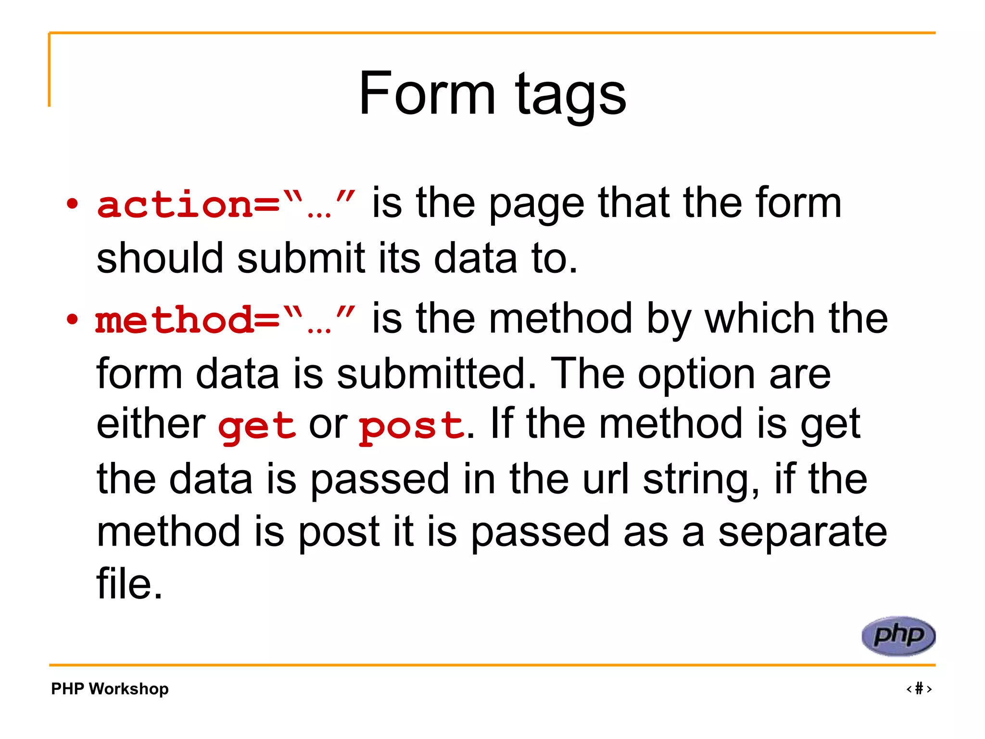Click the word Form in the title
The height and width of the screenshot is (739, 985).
point(427,93)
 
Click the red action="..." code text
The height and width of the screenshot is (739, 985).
point(226,204)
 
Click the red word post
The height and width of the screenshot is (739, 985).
point(412,426)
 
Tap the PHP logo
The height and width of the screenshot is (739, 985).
point(898,636)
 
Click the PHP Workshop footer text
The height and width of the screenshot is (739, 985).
point(110,688)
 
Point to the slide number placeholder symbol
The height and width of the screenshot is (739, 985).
point(919,688)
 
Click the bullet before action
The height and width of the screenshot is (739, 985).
point(72,204)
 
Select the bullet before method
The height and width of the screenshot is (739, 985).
point(72,319)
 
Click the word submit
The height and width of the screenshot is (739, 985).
point(301,258)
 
